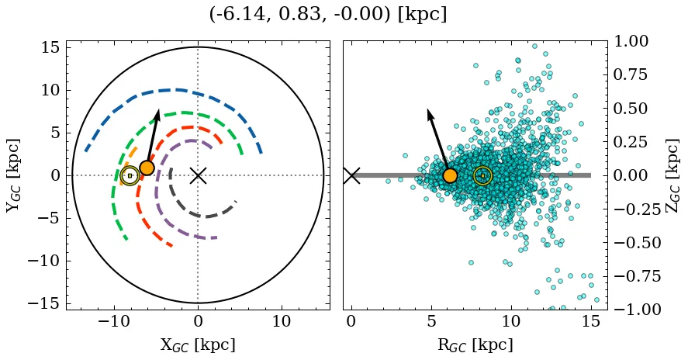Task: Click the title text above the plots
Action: tap(328, 14)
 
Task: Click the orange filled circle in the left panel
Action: tap(147, 168)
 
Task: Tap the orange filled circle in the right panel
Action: tap(450, 175)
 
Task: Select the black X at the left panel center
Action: tap(198, 175)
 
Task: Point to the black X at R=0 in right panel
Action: tap(351, 175)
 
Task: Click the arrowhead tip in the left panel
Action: tap(158, 111)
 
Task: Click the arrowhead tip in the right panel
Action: tap(428, 110)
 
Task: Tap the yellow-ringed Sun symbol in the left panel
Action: tap(130, 176)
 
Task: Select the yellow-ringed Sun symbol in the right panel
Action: tap(482, 176)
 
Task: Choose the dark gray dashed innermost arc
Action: tap(202, 216)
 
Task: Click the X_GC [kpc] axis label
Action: tap(198, 345)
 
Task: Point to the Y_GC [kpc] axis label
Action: tap(13, 175)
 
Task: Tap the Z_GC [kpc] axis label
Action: tap(673, 175)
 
